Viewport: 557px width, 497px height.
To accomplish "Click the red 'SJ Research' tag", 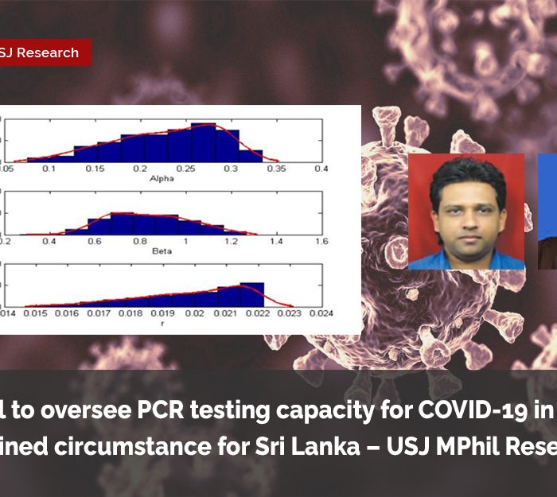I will point(44,53).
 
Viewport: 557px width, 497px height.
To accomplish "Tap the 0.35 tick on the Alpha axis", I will point(276,169).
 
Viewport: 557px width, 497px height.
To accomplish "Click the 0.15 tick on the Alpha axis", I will point(95,169).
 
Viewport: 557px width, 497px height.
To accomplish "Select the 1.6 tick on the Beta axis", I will point(321,241).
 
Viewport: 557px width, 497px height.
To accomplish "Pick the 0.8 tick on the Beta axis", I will point(140,241).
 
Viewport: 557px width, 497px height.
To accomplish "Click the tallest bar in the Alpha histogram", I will point(204,142).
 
